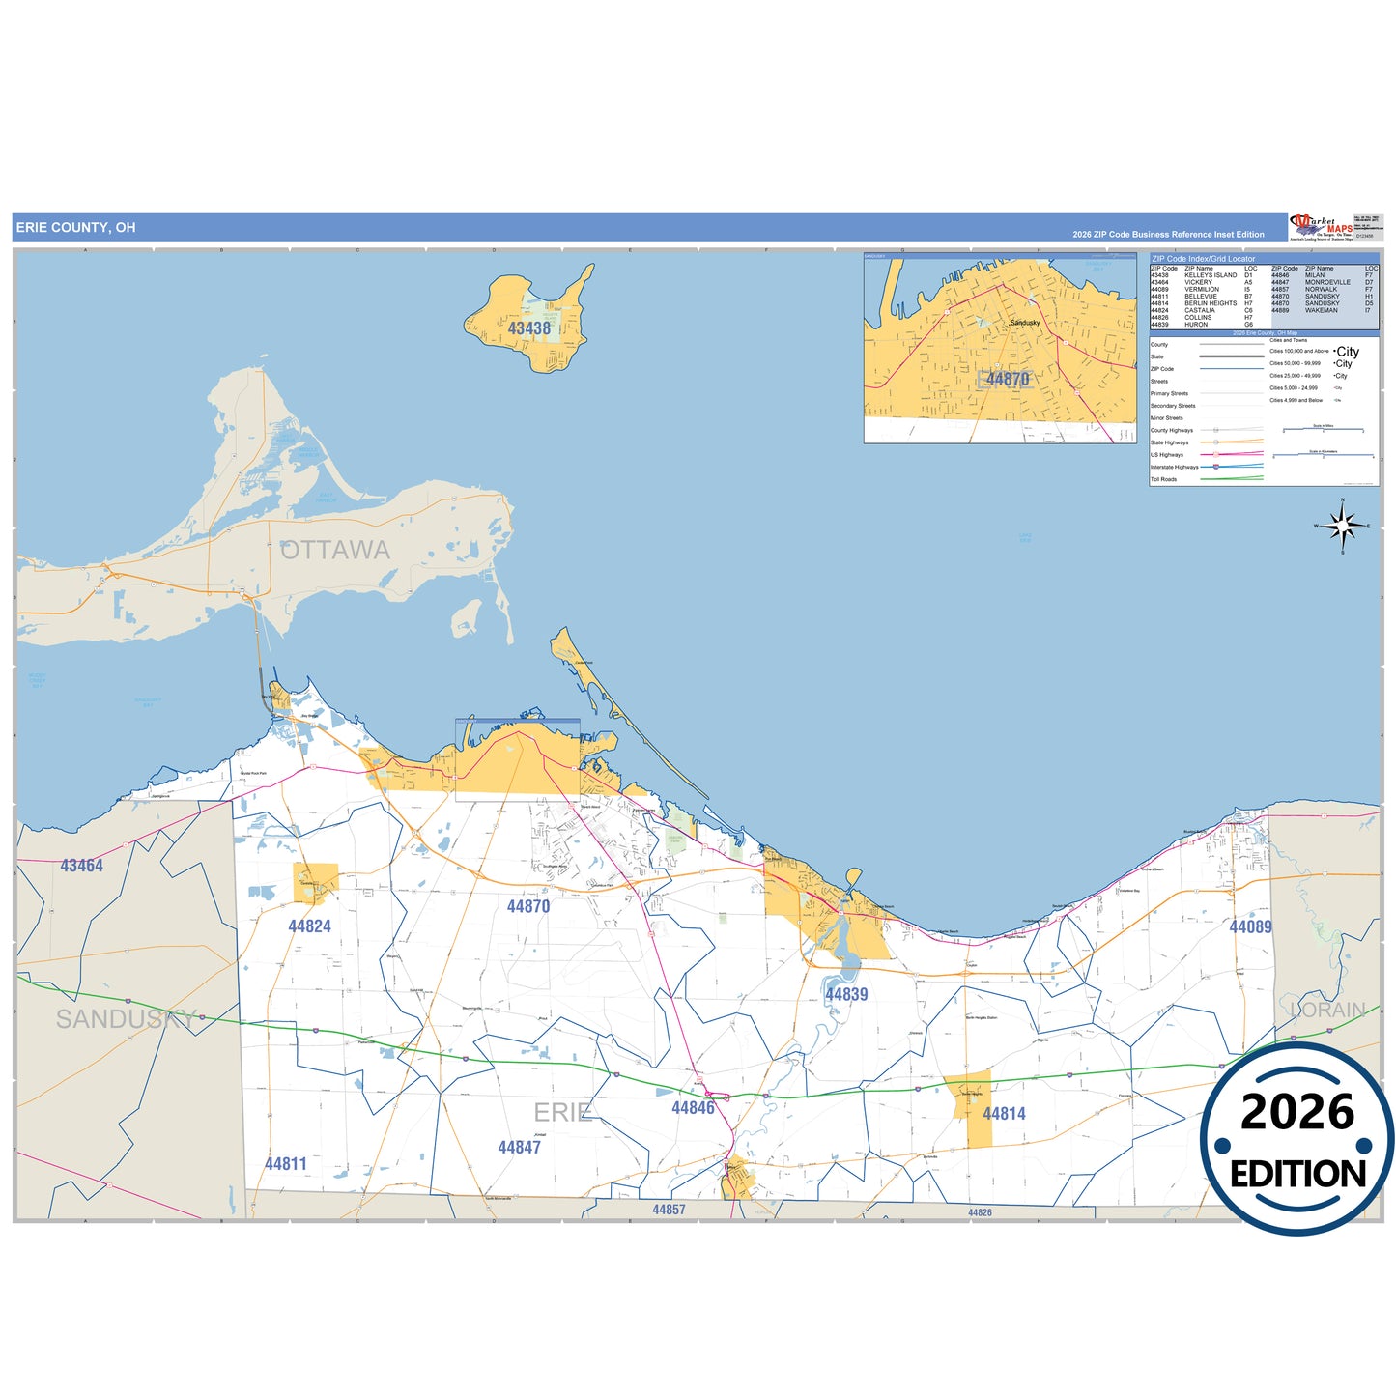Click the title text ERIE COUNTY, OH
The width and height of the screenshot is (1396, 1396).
click(x=75, y=228)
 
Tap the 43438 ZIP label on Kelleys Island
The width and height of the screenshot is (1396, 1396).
click(x=529, y=328)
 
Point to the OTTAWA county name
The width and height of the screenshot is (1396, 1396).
click(x=335, y=550)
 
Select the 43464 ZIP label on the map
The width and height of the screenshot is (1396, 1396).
click(x=81, y=866)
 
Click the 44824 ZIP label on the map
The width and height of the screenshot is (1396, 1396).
click(x=309, y=926)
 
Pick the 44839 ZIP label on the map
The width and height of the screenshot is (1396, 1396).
click(x=846, y=994)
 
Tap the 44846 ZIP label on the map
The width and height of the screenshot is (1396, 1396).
click(x=693, y=1108)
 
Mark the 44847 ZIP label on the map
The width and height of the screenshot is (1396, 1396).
click(x=519, y=1148)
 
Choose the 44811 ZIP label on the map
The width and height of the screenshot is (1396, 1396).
click(x=286, y=1164)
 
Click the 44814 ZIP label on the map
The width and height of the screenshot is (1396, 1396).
click(x=1004, y=1114)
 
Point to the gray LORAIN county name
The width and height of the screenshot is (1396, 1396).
click(x=1328, y=1011)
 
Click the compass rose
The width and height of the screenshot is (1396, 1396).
click(x=1342, y=527)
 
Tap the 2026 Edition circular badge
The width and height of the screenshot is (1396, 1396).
click(x=1297, y=1141)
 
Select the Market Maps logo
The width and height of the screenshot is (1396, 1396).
click(x=1322, y=227)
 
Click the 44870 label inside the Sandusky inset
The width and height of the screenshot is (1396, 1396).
click(x=1008, y=380)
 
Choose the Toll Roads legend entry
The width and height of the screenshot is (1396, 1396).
click(x=1163, y=479)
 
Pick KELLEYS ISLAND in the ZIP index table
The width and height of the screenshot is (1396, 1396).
click(x=1211, y=275)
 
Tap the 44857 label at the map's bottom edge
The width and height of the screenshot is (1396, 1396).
click(x=669, y=1210)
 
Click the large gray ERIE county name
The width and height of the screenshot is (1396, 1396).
click(x=562, y=1112)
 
